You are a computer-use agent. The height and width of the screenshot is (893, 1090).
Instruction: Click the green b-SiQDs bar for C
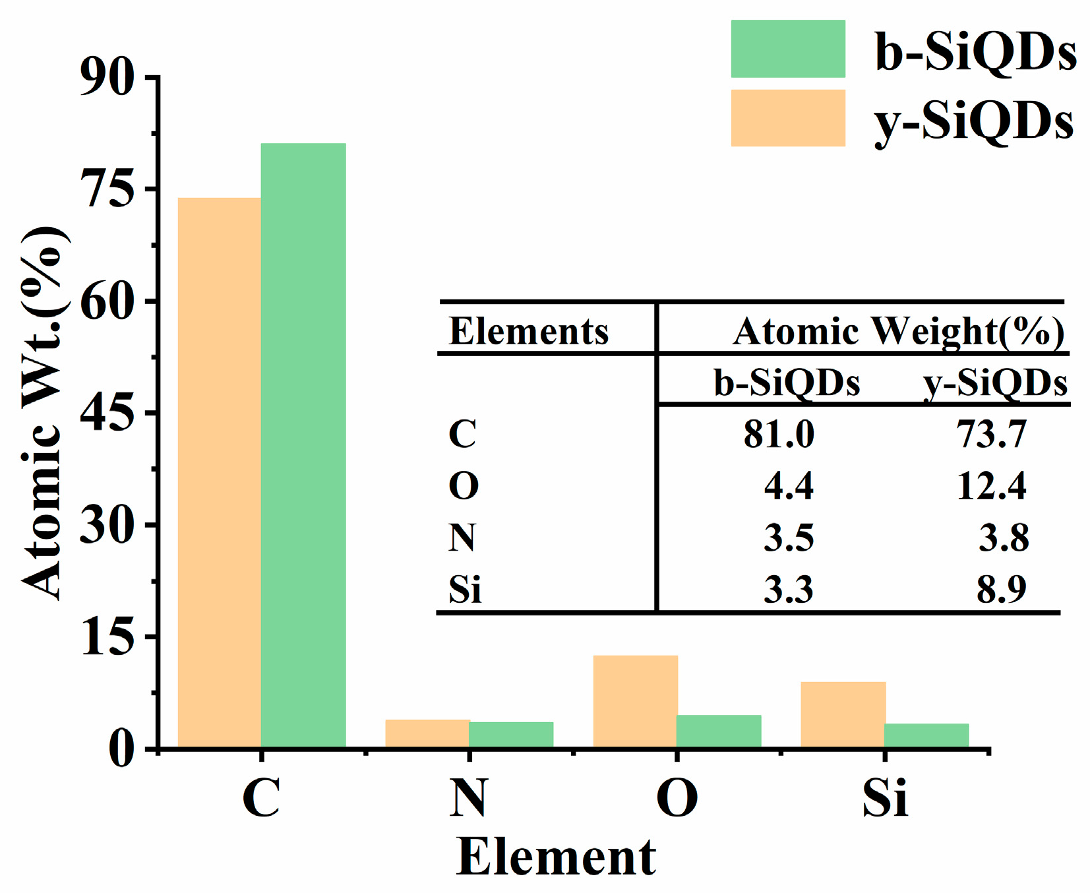[303, 445]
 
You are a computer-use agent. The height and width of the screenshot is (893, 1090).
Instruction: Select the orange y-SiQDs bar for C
[219, 472]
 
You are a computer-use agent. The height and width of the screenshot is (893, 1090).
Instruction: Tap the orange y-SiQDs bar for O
[635, 701]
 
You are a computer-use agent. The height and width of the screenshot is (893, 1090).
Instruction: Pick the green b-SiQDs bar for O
[719, 731]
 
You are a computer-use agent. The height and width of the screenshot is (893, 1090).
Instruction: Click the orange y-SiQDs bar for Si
[842, 715]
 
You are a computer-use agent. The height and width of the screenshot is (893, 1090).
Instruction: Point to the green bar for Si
[926, 735]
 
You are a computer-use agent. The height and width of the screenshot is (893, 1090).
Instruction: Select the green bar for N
[511, 735]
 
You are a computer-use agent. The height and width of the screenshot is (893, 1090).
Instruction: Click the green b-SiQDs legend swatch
[787, 49]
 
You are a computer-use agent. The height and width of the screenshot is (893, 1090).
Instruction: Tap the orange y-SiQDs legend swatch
[787, 117]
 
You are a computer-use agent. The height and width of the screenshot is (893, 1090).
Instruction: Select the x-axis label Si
[884, 799]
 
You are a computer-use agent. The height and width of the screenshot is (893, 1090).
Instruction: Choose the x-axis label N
[468, 799]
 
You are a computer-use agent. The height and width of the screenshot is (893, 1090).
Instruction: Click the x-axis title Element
[556, 857]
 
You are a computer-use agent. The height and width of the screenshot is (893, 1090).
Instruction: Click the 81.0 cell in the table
[779, 435]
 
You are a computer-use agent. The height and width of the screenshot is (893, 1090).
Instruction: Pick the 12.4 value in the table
[991, 486]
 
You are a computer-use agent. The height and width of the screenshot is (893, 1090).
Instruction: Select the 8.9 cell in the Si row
[1001, 589]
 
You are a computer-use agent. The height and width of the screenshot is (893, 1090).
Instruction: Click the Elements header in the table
[528, 331]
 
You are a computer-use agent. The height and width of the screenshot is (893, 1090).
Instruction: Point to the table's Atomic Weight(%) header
[898, 331]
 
